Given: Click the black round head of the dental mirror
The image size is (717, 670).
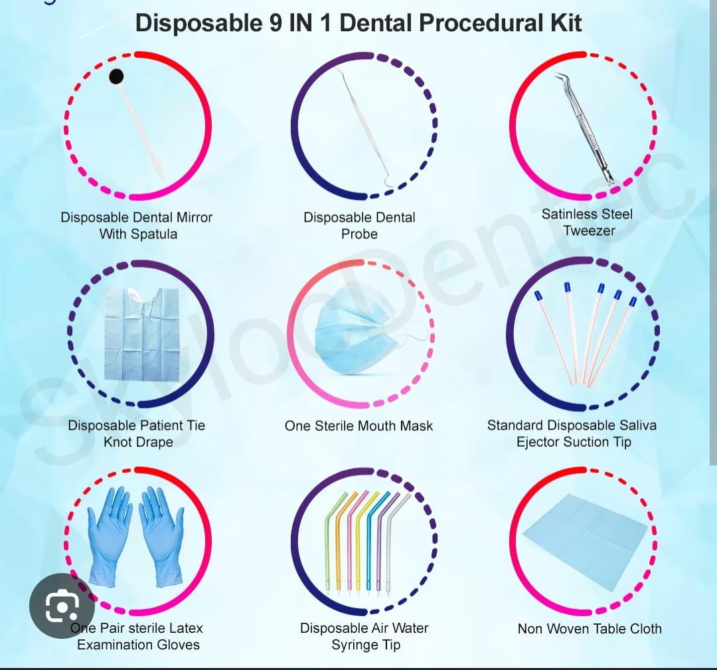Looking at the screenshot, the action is pyautogui.click(x=117, y=76).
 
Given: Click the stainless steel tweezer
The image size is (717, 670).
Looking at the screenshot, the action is pyautogui.click(x=585, y=128).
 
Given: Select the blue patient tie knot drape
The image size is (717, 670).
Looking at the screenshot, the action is pyautogui.click(x=142, y=335).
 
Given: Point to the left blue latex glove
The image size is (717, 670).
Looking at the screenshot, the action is pyautogui.click(x=110, y=536).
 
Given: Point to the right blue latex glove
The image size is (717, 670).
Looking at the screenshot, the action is pyautogui.click(x=161, y=536).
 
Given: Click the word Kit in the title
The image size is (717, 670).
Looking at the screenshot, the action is pyautogui.click(x=566, y=23).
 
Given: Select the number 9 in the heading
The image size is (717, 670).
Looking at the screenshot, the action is pyautogui.click(x=276, y=23).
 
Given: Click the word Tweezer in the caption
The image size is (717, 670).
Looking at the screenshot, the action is pyautogui.click(x=589, y=230).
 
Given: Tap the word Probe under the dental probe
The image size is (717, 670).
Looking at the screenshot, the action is pyautogui.click(x=359, y=234).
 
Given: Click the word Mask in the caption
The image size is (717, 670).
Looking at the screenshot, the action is pyautogui.click(x=416, y=426).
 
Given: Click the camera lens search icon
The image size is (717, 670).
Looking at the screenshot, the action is pyautogui.click(x=62, y=606).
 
